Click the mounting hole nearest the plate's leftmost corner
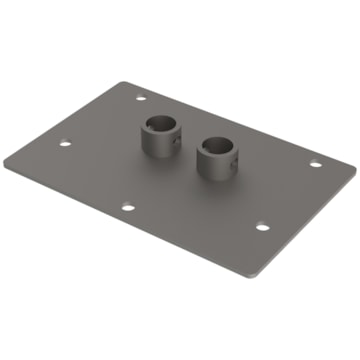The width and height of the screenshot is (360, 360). pyautogui.click(x=65, y=143)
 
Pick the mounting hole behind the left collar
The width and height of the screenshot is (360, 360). pyautogui.click(x=139, y=99)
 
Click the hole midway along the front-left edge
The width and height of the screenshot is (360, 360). pyautogui.click(x=128, y=208)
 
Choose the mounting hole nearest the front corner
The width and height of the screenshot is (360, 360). pyautogui.click(x=261, y=227)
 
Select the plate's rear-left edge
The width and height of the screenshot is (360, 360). pyautogui.click(x=80, y=119)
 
